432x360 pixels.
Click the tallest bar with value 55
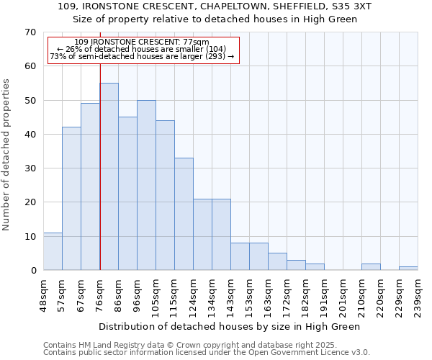109,176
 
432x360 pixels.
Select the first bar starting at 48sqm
53,251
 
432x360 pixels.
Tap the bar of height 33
184,214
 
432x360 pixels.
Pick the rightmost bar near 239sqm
408,268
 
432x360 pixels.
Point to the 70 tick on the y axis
30,32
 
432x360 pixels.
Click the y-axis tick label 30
30,168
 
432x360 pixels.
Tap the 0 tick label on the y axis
32,271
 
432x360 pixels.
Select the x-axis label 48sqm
44,294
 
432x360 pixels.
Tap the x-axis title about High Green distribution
229,326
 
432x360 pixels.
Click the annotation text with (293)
142,56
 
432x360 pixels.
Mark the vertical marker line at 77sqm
100,166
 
